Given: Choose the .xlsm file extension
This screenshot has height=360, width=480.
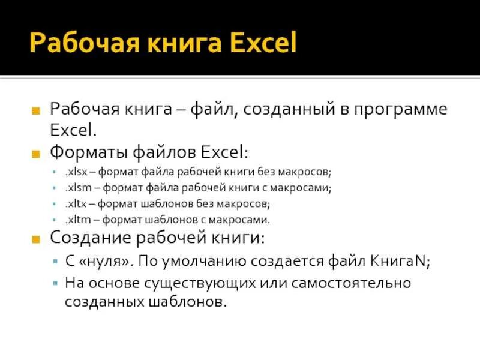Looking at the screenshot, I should [76, 188].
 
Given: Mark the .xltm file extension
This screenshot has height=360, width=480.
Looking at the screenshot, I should [76, 220].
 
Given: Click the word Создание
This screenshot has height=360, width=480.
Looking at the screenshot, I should [88, 239].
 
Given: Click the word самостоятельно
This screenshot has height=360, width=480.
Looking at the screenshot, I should [358, 282].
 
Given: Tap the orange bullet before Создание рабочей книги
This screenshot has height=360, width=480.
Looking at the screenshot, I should [37, 239].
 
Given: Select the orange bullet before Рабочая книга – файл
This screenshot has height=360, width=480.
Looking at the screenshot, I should [37, 111].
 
